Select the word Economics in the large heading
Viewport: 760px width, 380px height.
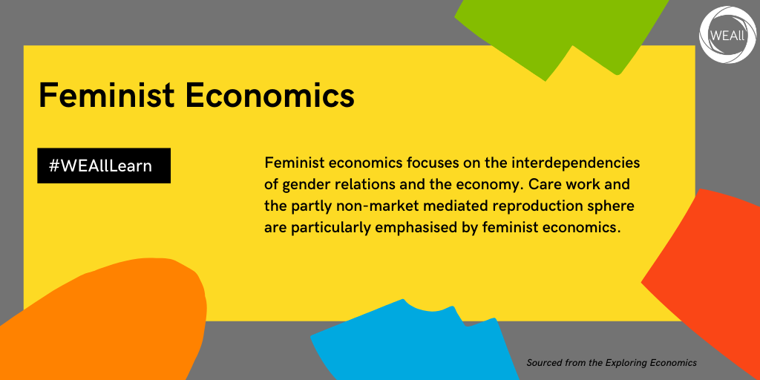(x=269, y=95)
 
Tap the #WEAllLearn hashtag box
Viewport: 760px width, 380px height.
(x=104, y=166)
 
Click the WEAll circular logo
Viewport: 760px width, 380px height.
(x=727, y=35)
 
